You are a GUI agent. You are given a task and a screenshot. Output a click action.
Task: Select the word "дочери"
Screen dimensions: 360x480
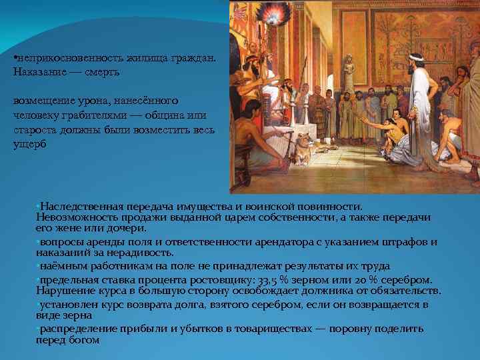point(129,228)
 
